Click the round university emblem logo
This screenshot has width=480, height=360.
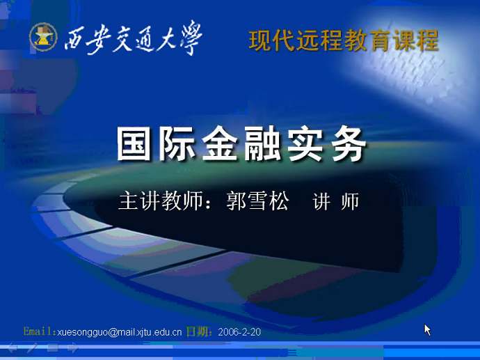click(x=43, y=37)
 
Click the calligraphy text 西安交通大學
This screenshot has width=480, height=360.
click(x=133, y=38)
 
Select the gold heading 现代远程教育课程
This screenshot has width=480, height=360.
click(x=344, y=40)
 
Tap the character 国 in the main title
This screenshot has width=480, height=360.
click(x=134, y=144)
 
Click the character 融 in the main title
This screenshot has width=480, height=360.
click(x=262, y=144)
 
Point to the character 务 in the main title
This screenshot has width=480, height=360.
click(x=349, y=144)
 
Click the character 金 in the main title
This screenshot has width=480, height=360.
click(x=220, y=144)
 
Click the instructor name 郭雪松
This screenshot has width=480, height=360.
click(x=257, y=201)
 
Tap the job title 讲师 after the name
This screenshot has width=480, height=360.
click(x=336, y=201)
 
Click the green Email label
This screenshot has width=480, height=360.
click(x=40, y=331)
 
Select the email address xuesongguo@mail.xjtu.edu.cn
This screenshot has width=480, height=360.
click(x=120, y=332)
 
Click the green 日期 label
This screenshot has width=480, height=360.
click(x=199, y=331)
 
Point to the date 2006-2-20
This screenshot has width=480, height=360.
click(x=239, y=332)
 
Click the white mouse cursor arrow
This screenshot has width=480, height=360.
click(x=427, y=329)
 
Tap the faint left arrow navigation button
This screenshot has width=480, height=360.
click(x=12, y=347)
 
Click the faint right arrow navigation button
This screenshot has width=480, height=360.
click(x=73, y=347)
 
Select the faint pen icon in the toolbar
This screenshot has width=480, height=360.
click(x=32, y=347)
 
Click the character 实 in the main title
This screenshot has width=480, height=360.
click(x=305, y=144)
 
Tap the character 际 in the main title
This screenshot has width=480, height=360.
click(x=177, y=144)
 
